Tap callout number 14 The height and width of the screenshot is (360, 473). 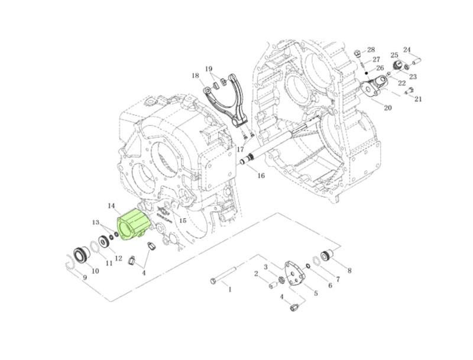111,206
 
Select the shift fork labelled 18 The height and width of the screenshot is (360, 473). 224,99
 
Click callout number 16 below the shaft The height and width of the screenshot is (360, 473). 261,176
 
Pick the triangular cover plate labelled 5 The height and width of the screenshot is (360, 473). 294,274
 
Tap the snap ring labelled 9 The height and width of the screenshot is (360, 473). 70,263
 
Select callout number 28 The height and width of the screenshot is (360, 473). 371,50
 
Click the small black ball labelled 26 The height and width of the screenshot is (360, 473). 367,73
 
